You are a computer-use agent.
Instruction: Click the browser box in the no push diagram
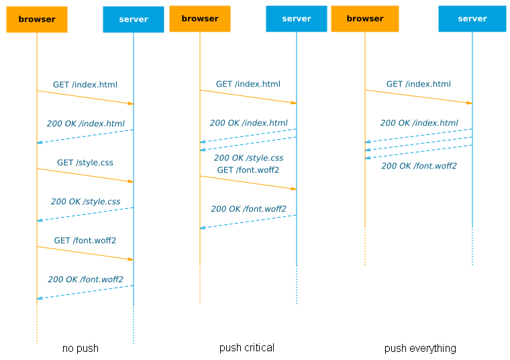point(37,19)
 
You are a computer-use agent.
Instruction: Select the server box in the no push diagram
point(133,19)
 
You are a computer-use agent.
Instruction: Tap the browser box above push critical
point(200,19)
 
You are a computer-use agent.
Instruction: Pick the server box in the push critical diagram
point(296,19)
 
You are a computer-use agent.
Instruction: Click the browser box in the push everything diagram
point(365,19)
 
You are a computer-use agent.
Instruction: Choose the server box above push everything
point(472,19)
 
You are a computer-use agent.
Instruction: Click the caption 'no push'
point(81,348)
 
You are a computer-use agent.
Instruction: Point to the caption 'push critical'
point(247,347)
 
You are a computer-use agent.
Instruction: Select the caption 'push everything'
point(420,348)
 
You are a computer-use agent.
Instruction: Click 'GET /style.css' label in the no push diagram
point(85,163)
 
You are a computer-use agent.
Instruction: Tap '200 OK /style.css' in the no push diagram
point(85,201)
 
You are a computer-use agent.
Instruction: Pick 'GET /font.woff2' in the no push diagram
point(85,240)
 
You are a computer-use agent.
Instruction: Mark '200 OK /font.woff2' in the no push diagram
point(85,279)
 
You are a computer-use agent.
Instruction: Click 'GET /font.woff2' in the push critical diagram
point(248,170)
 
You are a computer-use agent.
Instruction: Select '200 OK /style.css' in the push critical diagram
point(248,158)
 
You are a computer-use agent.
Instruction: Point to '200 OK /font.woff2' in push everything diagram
point(419,166)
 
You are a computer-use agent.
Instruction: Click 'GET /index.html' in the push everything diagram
point(419,84)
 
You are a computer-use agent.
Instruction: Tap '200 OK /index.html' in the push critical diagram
point(248,123)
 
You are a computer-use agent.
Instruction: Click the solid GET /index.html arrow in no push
point(85,97)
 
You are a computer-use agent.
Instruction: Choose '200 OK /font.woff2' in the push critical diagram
point(248,209)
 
